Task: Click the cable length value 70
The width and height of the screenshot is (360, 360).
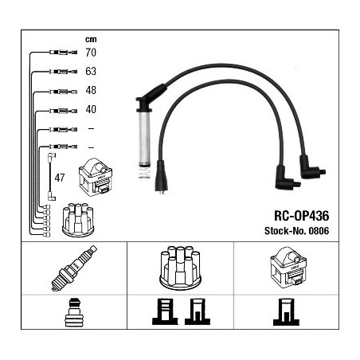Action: pos(91,53)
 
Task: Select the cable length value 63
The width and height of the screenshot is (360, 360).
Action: pos(91,71)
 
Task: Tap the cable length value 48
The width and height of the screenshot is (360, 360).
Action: pos(91,90)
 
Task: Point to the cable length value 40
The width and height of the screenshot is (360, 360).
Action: pos(91,109)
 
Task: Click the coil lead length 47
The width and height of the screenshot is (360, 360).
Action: pos(60,178)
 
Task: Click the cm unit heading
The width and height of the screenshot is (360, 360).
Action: pos(91,40)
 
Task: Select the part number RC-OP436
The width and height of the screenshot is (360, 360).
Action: pos(301,216)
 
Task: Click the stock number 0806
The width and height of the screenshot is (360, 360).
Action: pos(319,231)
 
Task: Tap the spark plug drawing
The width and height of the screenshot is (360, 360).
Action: pos(74,268)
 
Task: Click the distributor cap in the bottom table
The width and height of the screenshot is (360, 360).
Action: pos(180,268)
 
